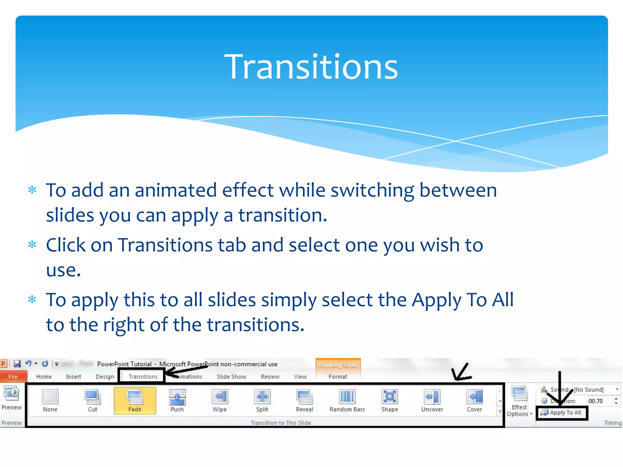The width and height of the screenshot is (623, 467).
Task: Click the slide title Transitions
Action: click(311, 67)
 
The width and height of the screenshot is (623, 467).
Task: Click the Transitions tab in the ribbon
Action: click(143, 376)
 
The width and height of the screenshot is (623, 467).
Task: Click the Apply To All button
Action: click(562, 413)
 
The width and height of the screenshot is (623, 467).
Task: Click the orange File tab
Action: click(13, 376)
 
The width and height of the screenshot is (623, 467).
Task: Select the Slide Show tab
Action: click(231, 376)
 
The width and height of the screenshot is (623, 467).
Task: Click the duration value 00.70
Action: click(596, 401)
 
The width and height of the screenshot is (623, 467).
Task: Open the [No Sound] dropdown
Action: click(617, 389)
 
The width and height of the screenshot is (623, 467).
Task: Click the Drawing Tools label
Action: click(338, 365)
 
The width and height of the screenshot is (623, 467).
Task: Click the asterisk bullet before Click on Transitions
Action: click(32, 244)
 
